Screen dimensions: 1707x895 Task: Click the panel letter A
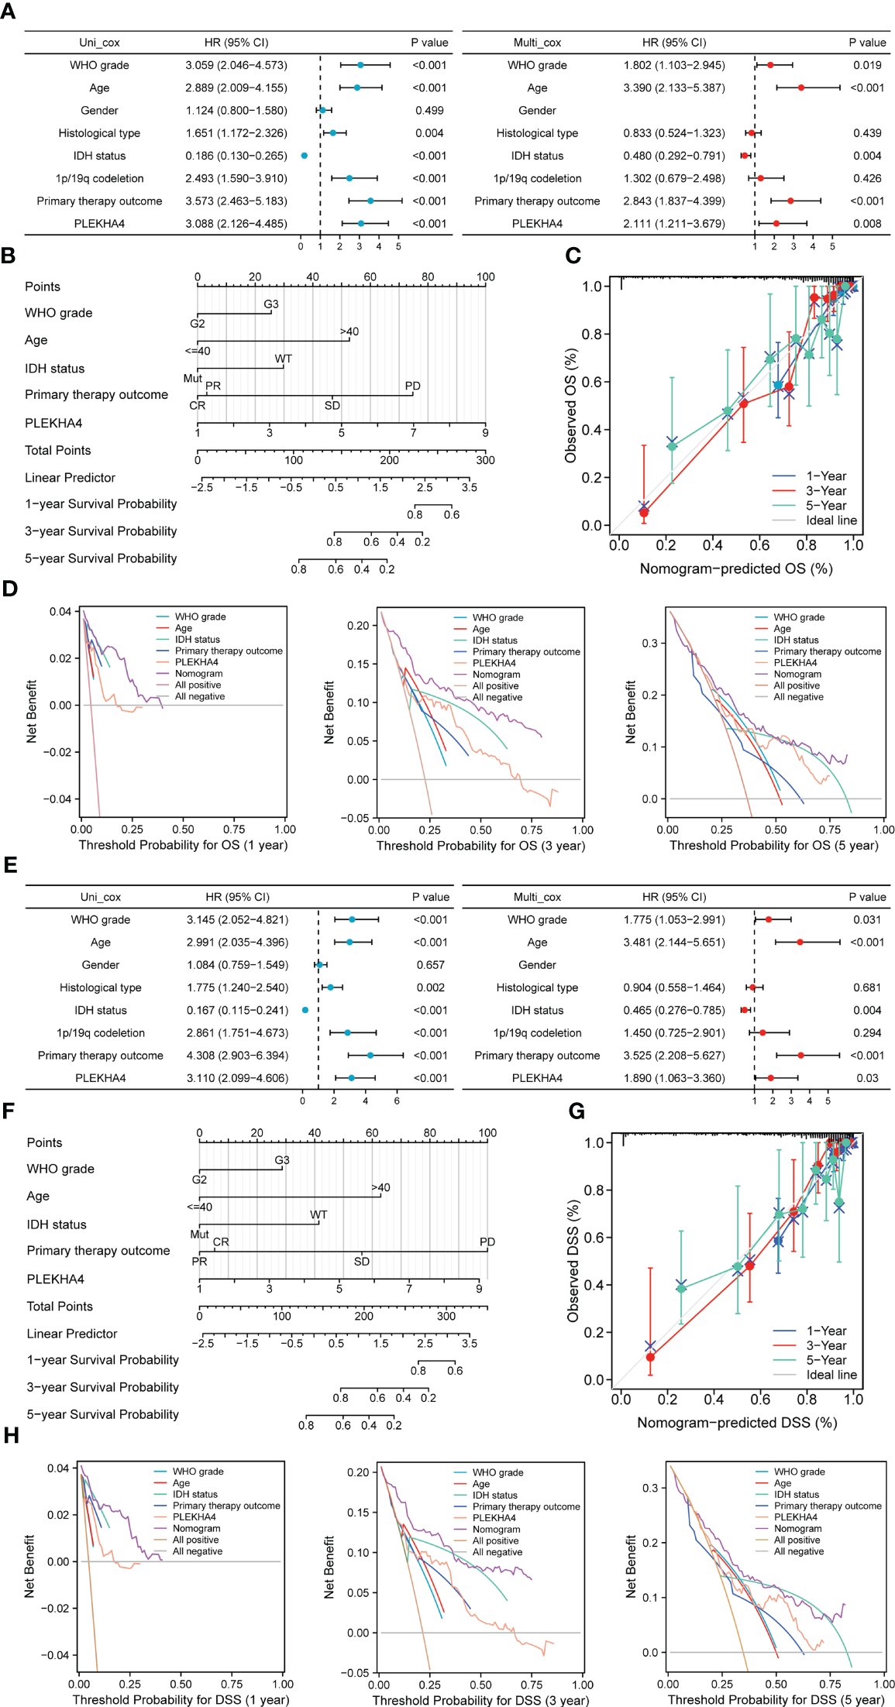[x=8, y=12]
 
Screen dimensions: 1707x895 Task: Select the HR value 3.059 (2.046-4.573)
[x=236, y=65]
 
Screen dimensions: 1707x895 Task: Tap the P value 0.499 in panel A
[x=429, y=111]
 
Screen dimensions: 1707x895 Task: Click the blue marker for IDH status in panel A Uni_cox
[x=304, y=156]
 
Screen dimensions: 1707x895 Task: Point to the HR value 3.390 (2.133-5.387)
[x=673, y=88]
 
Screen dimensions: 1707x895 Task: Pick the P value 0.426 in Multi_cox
[x=867, y=178]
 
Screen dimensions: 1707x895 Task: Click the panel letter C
[x=573, y=256]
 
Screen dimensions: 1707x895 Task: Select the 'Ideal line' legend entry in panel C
[x=831, y=520]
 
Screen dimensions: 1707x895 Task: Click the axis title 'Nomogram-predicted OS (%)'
[x=735, y=568]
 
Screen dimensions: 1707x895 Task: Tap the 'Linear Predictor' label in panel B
[x=70, y=478]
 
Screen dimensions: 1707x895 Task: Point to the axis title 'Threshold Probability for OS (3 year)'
[x=480, y=846]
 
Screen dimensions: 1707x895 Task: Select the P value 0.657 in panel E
[x=430, y=965]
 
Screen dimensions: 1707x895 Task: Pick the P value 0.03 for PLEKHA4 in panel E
[x=867, y=1078]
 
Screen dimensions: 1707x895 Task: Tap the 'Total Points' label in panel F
[x=60, y=1307]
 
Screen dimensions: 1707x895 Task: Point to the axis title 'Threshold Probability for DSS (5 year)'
[x=775, y=1700]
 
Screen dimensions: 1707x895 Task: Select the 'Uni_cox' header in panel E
[x=101, y=897]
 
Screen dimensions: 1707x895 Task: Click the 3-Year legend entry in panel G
[x=826, y=1345]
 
